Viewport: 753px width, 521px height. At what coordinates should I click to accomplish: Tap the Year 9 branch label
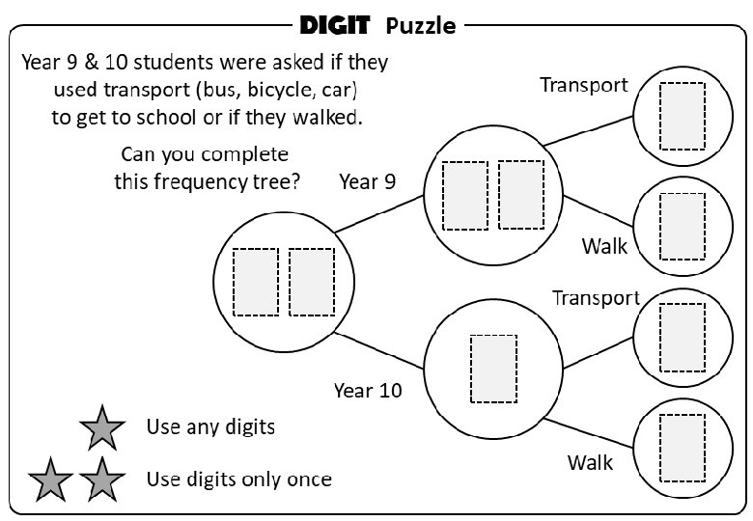pos(367,182)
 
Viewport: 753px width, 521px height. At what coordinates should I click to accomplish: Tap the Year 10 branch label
pos(368,391)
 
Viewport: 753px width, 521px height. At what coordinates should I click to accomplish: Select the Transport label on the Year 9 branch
pos(584,85)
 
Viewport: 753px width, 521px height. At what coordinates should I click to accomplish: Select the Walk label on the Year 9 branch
pos(604,246)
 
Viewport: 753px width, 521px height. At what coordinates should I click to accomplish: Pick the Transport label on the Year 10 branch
pos(596,298)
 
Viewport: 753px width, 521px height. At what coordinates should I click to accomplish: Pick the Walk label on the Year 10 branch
pos(591,462)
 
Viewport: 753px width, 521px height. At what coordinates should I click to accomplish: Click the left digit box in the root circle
pos(256,282)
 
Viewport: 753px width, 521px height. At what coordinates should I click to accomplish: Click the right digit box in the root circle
pos(311,282)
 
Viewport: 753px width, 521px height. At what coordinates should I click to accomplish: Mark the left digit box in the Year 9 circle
pos(464,195)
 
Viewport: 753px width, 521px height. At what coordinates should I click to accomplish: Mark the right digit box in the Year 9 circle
pos(520,195)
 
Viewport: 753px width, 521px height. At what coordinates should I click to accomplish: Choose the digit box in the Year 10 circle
pos(492,369)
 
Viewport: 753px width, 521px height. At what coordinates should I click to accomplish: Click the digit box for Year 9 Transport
pos(682,115)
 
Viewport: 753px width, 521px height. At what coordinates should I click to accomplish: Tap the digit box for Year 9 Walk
pos(682,226)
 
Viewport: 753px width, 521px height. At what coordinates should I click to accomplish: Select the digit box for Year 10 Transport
pos(682,338)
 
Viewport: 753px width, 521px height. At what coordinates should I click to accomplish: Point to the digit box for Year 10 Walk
pos(682,448)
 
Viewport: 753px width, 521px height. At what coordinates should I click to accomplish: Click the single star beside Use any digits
pos(101,427)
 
